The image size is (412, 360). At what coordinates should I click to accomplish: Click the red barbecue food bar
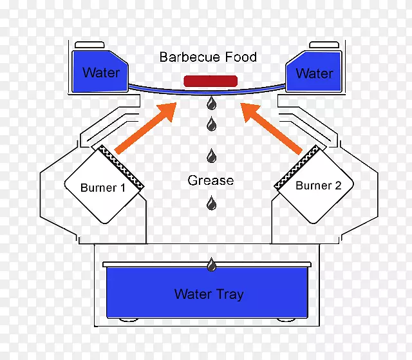click(211, 81)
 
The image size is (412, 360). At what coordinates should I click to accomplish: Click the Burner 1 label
click(103, 188)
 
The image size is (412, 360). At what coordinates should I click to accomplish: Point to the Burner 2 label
click(318, 186)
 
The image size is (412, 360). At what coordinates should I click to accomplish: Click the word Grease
click(211, 180)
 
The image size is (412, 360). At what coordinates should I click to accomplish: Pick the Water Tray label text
click(209, 295)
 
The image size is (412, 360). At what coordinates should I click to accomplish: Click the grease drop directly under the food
click(211, 103)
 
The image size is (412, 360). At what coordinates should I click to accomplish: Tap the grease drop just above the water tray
click(211, 264)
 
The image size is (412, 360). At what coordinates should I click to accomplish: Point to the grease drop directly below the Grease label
click(211, 204)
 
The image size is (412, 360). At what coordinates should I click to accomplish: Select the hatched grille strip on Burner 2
click(297, 167)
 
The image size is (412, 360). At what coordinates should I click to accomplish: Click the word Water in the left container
click(100, 72)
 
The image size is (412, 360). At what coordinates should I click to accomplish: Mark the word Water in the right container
click(314, 73)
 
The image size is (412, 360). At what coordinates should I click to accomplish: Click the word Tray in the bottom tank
click(229, 295)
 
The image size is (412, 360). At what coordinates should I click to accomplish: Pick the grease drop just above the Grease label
click(211, 156)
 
